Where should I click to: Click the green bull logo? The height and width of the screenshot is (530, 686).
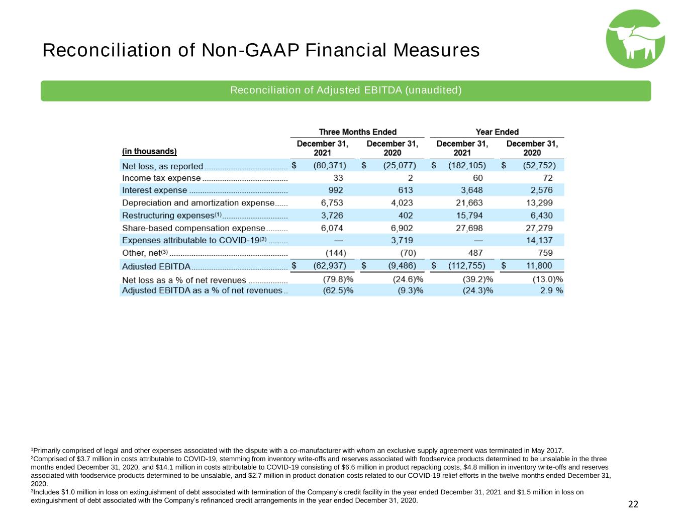635,39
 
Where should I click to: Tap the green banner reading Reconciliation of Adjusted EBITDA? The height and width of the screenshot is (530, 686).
346,90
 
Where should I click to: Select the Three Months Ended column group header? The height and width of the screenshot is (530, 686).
357,132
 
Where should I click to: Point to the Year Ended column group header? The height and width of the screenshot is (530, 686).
497,132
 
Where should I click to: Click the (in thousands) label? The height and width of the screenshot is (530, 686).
149,151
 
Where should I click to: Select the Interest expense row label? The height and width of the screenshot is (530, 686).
154,190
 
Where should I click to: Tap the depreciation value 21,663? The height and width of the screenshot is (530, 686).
469,203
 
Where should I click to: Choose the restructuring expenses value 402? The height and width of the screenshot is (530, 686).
406,216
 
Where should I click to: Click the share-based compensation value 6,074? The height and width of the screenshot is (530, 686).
332,228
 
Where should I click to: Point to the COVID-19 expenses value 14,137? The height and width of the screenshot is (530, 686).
539,241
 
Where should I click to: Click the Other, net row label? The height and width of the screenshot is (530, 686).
145,253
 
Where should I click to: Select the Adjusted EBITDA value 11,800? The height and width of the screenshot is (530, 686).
539,266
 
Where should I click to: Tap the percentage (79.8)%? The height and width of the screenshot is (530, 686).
338,279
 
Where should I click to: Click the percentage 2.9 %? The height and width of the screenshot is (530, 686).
551,290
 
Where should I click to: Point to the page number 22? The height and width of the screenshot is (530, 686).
633,504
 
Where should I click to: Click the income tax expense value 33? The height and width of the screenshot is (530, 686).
338,178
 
